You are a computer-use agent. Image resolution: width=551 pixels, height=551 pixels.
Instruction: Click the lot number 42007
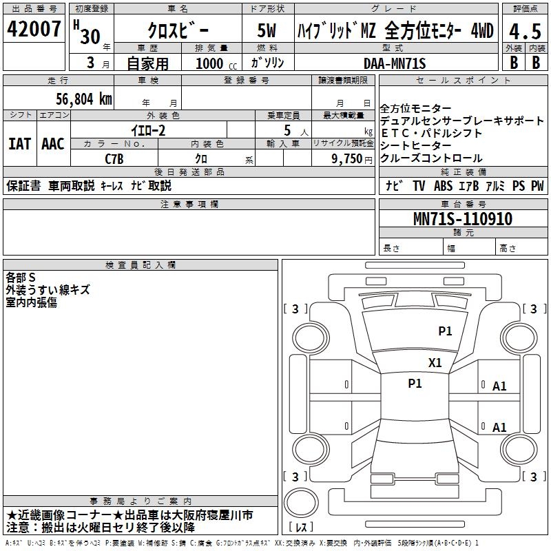[x=34, y=29]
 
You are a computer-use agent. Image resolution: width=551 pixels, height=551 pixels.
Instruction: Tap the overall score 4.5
[x=525, y=32]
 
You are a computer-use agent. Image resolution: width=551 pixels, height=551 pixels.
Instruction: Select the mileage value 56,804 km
[x=84, y=99]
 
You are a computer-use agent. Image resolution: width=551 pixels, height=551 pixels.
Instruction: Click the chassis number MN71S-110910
[x=463, y=219]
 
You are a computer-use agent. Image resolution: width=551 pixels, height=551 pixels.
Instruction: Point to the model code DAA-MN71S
[x=395, y=63]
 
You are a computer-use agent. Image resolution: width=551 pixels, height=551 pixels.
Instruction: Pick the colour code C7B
[x=114, y=159]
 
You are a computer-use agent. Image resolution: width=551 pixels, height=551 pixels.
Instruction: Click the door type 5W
[x=267, y=30]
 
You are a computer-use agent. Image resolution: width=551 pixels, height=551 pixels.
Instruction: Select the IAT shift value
[x=20, y=144]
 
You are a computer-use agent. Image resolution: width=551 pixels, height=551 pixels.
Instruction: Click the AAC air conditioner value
[x=53, y=144]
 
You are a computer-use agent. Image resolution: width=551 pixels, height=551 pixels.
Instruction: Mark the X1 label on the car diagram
[x=435, y=363]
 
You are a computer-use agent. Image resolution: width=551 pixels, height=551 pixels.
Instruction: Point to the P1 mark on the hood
[x=445, y=331]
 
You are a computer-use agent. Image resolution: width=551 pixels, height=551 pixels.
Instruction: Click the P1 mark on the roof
[x=415, y=384]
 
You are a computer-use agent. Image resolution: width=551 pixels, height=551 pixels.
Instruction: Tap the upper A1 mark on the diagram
[x=499, y=386]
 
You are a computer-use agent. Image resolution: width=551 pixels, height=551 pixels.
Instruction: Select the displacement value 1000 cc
[x=216, y=64]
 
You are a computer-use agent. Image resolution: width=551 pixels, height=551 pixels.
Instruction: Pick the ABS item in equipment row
[x=443, y=186]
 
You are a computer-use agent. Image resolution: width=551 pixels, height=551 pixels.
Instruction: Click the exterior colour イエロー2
[x=148, y=131]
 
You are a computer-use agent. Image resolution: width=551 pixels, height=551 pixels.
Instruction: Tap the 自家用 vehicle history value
[x=147, y=63]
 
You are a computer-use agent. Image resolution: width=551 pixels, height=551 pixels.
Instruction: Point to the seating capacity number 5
[x=287, y=131]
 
